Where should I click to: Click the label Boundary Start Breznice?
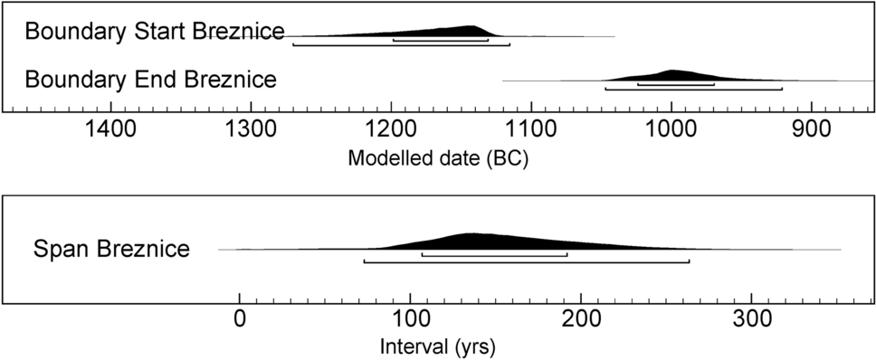pyautogui.click(x=155, y=32)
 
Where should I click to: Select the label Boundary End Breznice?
pyautogui.click(x=151, y=80)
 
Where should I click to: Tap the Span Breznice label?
pyautogui.click(x=112, y=249)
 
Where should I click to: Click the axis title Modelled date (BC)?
pyautogui.click(x=438, y=159)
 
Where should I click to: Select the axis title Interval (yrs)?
pyautogui.click(x=438, y=346)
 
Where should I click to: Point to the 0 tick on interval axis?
pyautogui.click(x=239, y=318)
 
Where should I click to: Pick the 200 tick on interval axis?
pyautogui.click(x=580, y=318)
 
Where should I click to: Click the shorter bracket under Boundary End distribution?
pyautogui.click(x=676, y=84)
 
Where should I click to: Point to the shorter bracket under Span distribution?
pyautogui.click(x=494, y=254)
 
